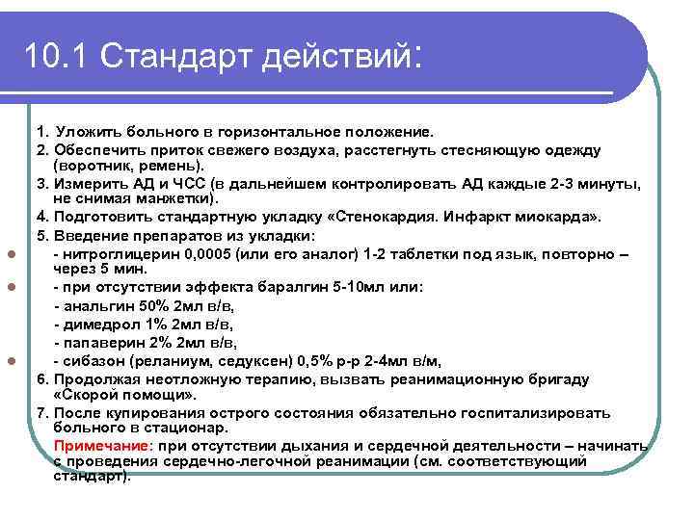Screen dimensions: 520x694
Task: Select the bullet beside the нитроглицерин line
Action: click(x=9, y=254)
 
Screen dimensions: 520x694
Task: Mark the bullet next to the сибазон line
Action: click(x=9, y=362)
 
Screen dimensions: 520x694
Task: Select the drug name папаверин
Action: click(x=104, y=343)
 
